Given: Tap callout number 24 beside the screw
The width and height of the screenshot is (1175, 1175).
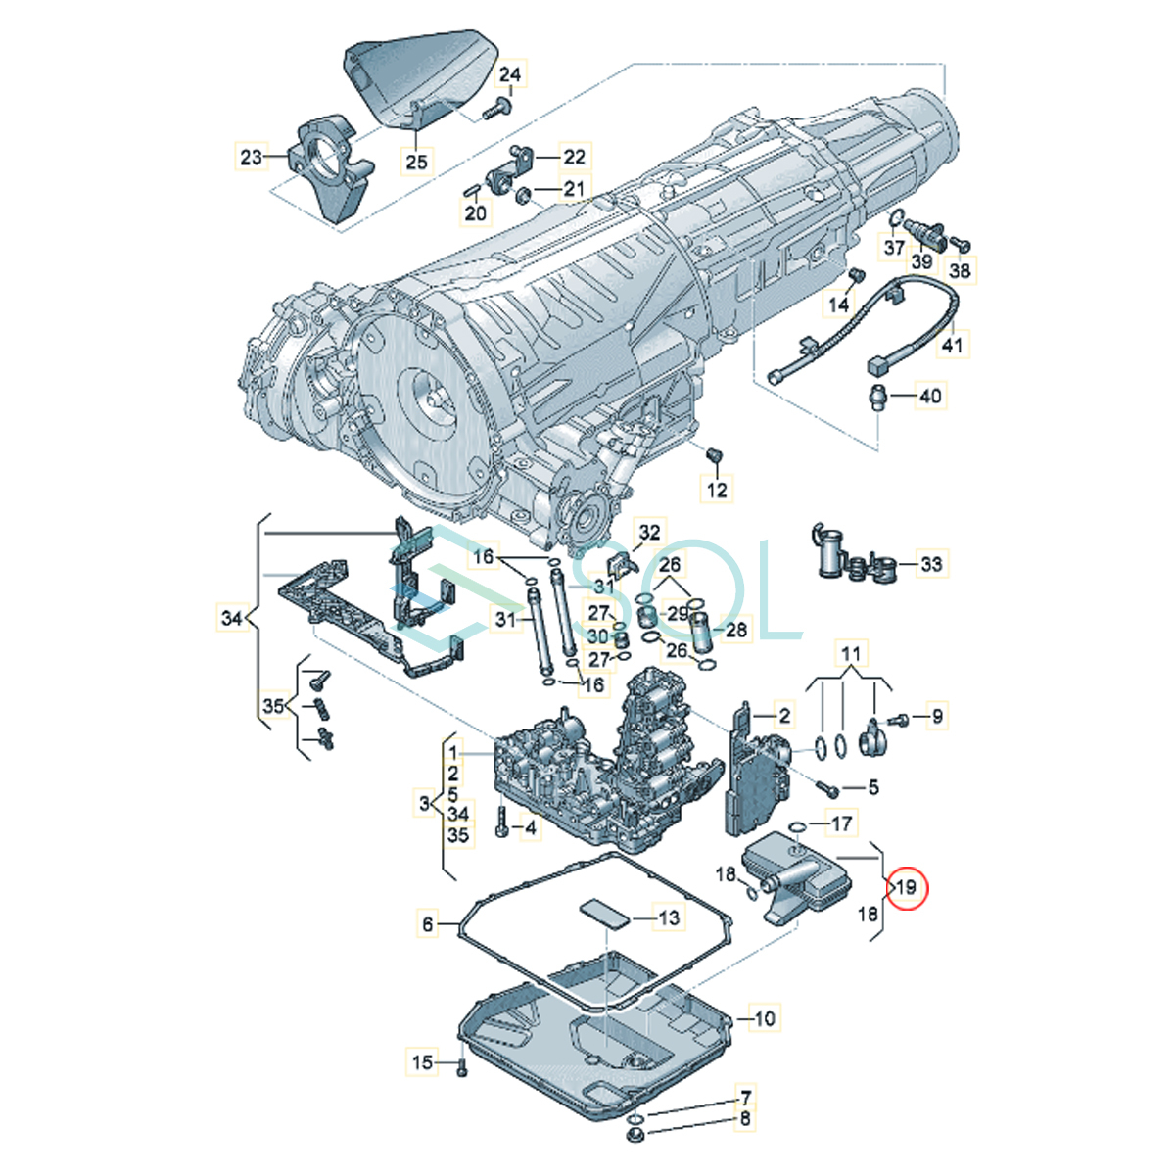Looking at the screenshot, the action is tap(510, 74).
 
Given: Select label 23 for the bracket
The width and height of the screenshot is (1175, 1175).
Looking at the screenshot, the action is tap(251, 157).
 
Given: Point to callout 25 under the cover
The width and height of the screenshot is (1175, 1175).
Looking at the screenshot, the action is tap(417, 161).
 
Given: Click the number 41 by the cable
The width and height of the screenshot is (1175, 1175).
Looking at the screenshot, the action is tap(953, 345).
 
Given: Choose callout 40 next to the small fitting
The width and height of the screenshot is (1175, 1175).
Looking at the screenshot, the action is tap(930, 396).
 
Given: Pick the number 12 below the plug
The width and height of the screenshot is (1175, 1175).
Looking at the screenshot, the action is tap(717, 489).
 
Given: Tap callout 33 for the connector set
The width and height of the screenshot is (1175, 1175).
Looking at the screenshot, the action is tap(931, 563).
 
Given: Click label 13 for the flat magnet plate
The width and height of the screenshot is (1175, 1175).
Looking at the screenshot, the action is tap(669, 917).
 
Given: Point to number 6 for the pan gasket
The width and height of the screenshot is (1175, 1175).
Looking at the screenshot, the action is tap(428, 924).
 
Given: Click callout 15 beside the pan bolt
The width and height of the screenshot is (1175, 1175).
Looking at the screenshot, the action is tap(422, 1061).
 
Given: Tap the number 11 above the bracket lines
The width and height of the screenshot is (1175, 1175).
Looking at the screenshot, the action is tap(851, 654).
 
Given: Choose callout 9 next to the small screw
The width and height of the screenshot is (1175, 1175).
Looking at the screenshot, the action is tap(937, 716).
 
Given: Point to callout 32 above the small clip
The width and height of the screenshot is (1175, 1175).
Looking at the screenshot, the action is tap(649, 533).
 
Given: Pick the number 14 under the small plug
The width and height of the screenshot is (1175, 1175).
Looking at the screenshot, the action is tap(838, 305).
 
